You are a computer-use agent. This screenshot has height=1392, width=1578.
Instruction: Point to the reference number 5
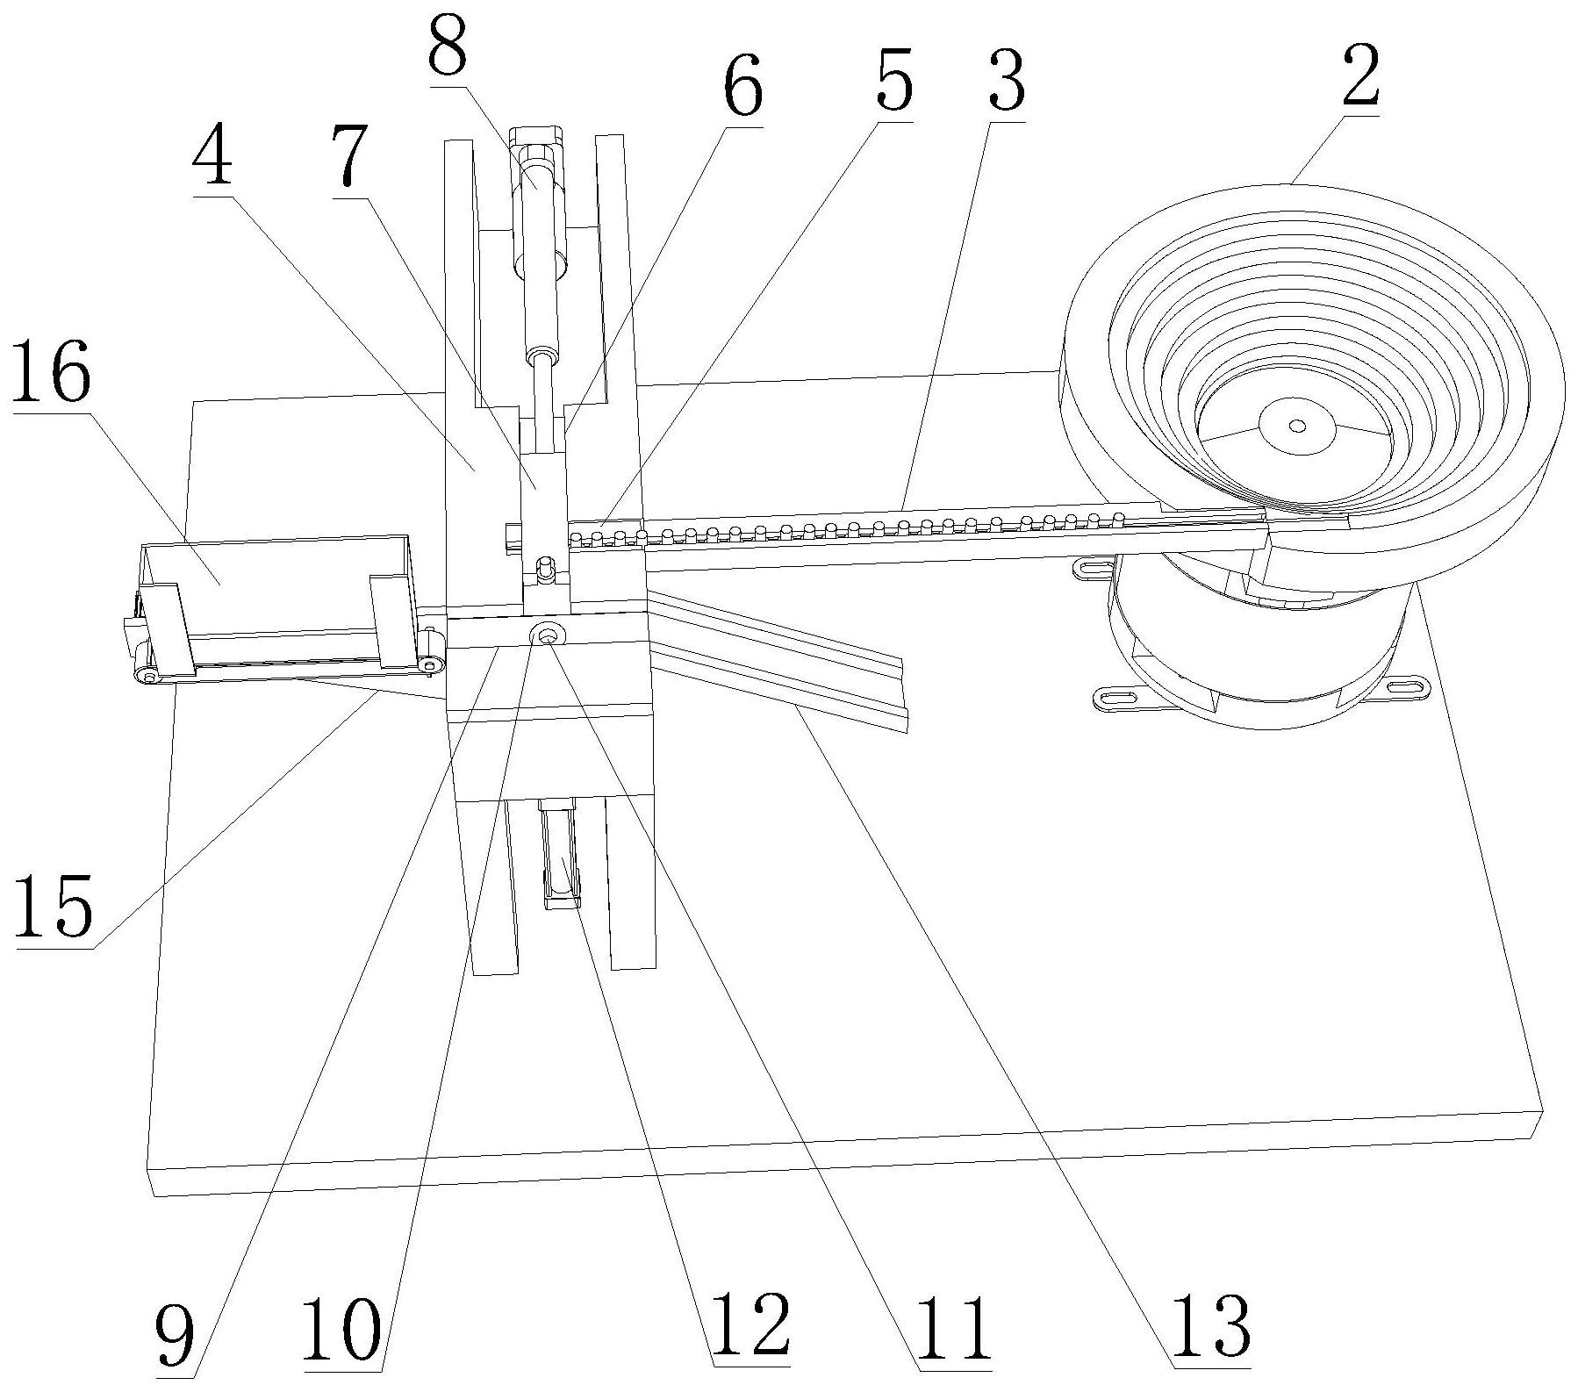tap(891, 82)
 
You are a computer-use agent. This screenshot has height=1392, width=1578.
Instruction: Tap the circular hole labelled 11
tap(549, 635)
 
